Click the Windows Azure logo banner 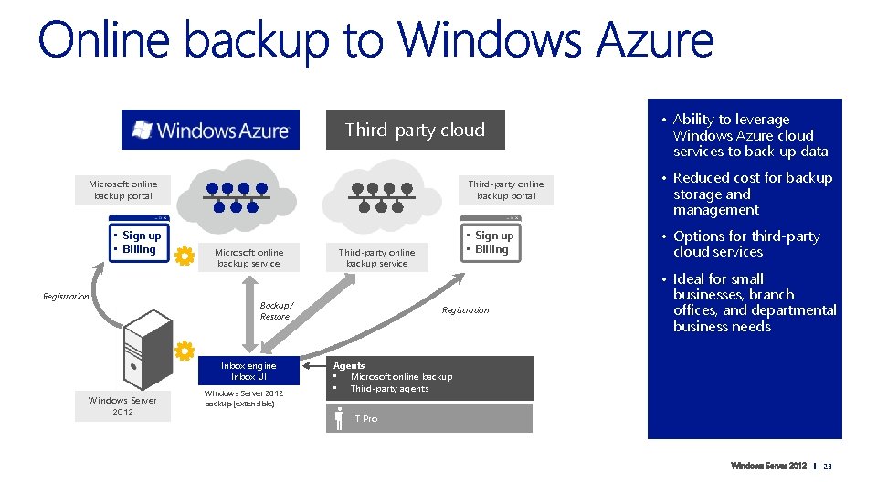(210, 130)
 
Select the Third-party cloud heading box (415, 130)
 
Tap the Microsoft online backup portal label (122, 189)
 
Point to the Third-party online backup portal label (505, 189)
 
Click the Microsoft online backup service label (248, 257)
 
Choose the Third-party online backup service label (376, 257)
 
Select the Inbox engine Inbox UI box (248, 371)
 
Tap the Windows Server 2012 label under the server (122, 406)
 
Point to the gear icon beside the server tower (185, 351)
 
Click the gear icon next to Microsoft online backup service (185, 257)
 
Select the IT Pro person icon (340, 418)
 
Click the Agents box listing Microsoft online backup (428, 377)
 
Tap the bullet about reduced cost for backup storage (752, 194)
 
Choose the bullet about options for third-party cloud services (745, 244)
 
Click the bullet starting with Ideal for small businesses (754, 302)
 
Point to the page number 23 (828, 467)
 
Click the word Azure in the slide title (654, 41)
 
